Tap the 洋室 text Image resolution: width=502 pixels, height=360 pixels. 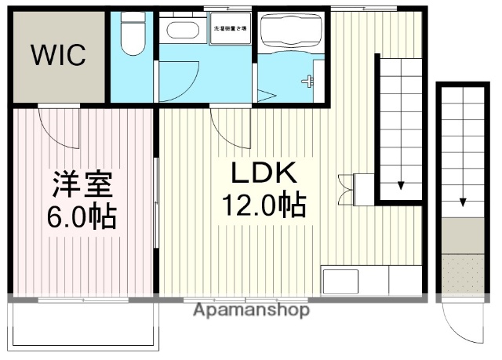click(x=82, y=184)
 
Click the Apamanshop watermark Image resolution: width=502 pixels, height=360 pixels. click(x=251, y=310)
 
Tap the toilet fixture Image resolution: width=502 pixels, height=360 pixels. click(x=132, y=35)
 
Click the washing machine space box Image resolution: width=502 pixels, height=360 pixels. click(x=230, y=29)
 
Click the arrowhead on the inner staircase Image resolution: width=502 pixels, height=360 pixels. click(x=401, y=186)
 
